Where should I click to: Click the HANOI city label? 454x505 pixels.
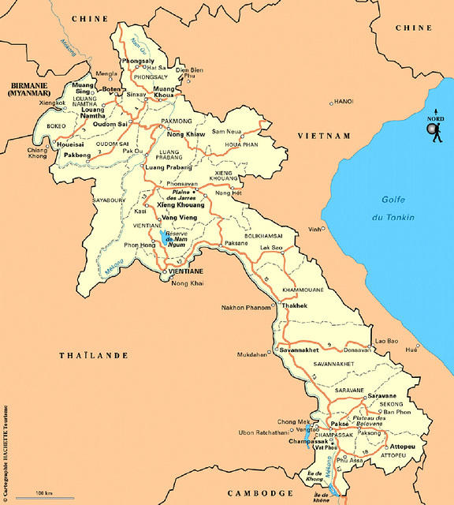tap(344, 102)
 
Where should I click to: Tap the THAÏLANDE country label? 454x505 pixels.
tap(94, 356)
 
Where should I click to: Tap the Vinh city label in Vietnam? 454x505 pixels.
tap(315, 229)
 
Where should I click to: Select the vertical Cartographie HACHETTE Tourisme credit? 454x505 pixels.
tap(6, 442)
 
